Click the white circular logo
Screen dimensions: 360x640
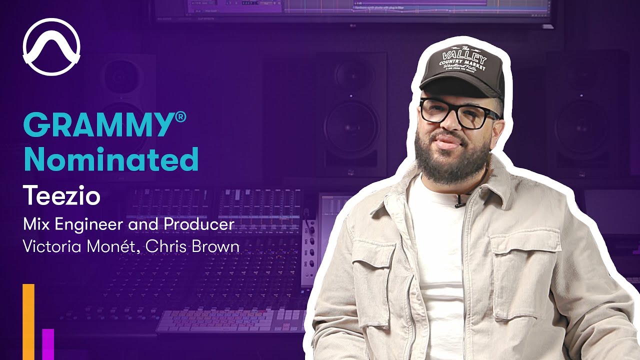51,46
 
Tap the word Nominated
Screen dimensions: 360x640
111,159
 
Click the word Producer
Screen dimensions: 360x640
198,224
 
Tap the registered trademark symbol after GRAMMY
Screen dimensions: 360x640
180,117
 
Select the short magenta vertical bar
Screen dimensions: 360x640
48,344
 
